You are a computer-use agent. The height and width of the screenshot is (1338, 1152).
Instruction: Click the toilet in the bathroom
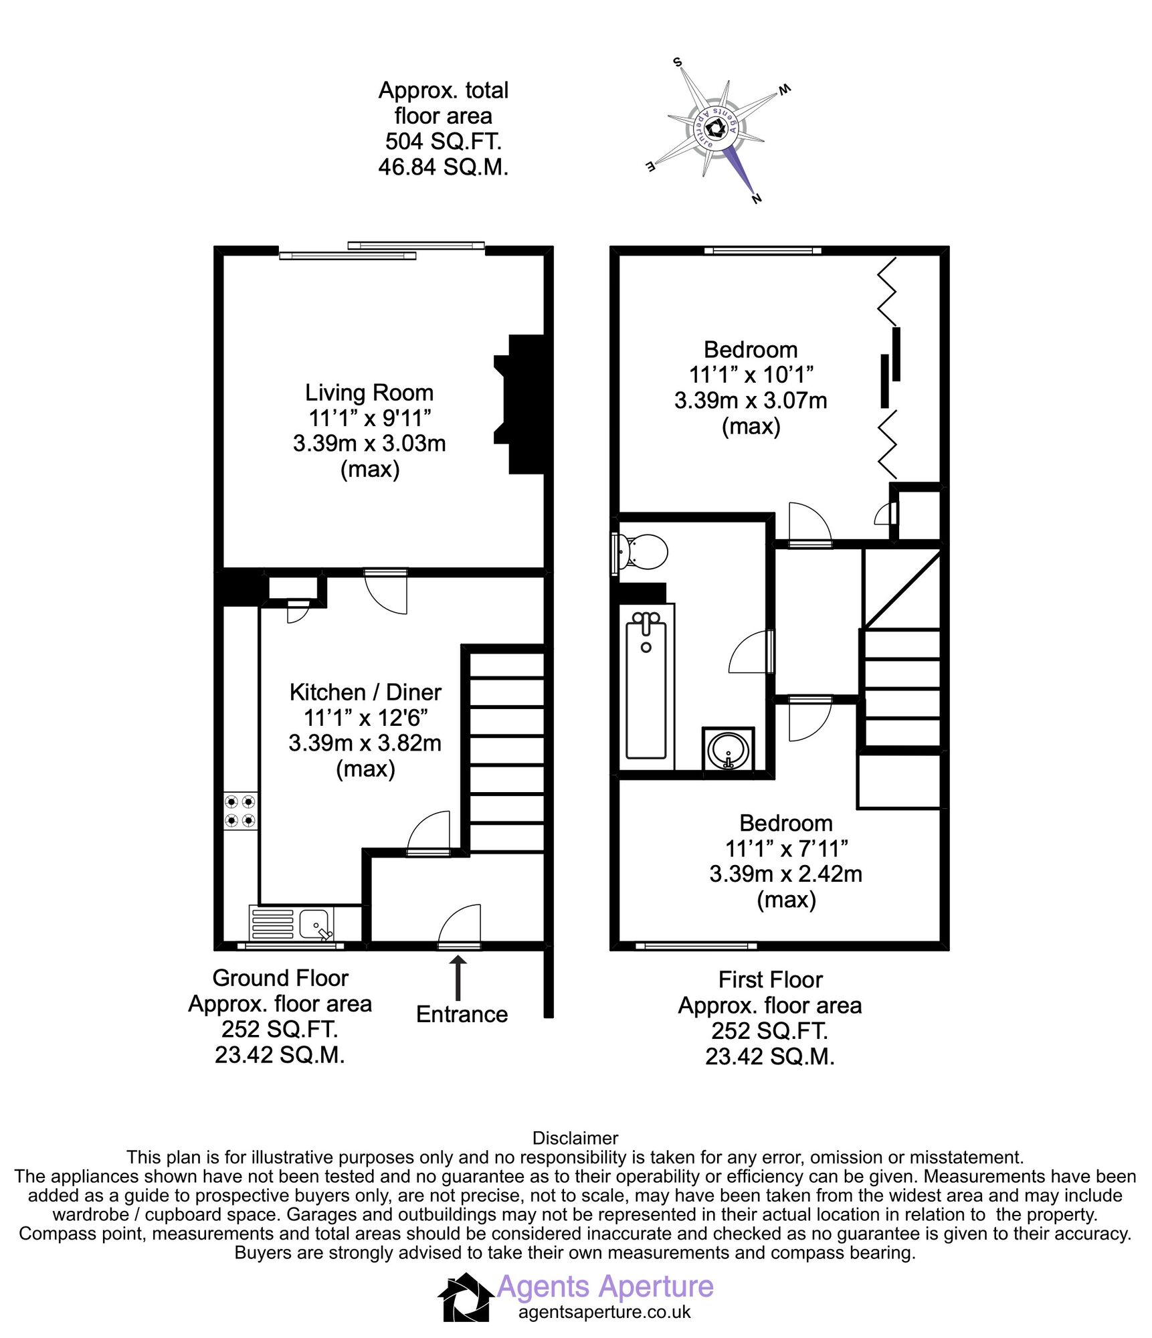tap(644, 552)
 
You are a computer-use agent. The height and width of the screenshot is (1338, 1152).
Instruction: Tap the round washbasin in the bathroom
tap(729, 750)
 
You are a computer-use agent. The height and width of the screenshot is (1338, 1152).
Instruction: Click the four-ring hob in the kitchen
tap(240, 810)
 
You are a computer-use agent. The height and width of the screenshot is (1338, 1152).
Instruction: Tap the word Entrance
tap(462, 1014)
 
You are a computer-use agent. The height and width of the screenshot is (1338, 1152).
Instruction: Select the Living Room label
tap(369, 393)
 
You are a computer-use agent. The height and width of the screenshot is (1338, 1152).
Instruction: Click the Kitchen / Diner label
tap(365, 692)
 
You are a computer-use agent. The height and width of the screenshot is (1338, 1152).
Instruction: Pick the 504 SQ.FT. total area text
tap(443, 141)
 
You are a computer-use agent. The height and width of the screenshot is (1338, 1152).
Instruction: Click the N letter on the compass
tap(757, 199)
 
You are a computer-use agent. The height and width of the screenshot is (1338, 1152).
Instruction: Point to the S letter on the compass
tap(678, 62)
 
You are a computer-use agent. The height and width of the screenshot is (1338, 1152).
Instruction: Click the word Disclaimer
tap(575, 1137)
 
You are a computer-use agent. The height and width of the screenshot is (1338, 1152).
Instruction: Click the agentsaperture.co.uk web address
tap(604, 1312)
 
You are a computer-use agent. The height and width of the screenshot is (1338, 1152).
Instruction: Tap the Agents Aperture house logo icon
tap(466, 1297)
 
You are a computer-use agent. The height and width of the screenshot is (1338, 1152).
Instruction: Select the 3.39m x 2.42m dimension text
tap(785, 874)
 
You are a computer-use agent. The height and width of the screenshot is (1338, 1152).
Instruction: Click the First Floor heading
tap(770, 979)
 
